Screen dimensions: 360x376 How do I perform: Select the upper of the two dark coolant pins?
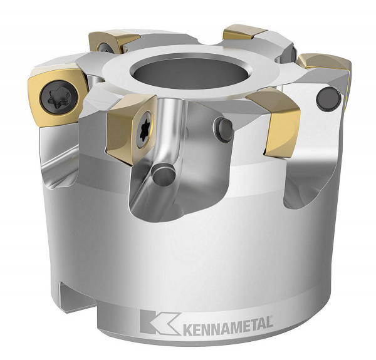click(224, 129)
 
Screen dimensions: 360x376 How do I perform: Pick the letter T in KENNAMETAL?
click(257, 324)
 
